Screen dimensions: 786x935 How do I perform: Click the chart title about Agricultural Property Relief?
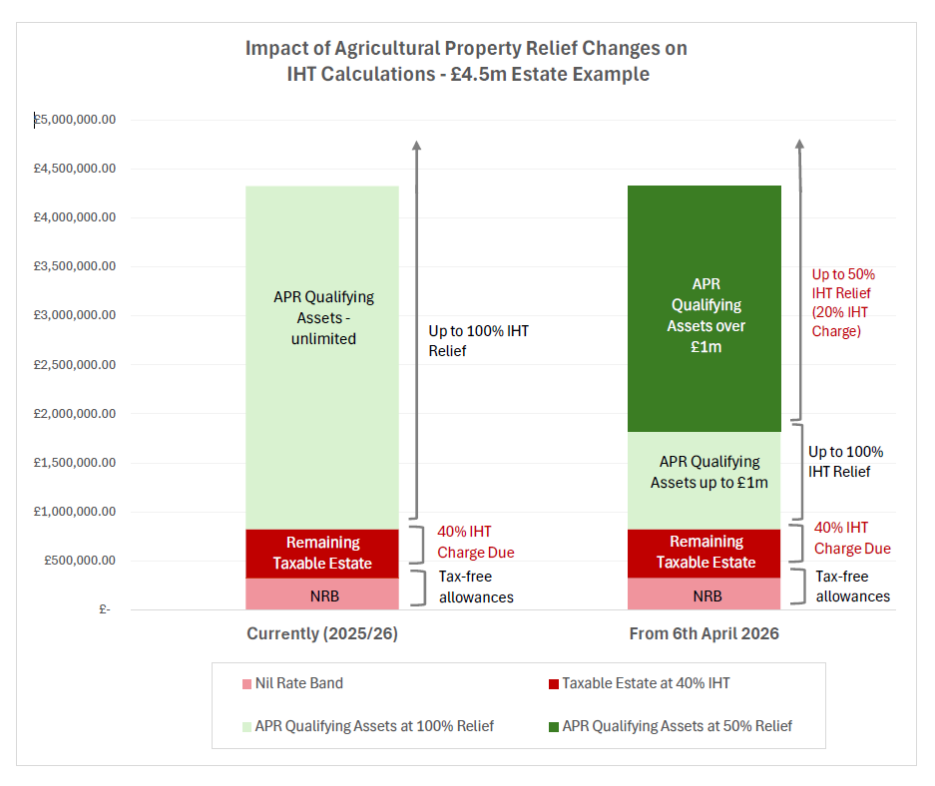coord(466,61)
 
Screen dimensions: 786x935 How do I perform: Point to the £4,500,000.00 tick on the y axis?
coord(75,169)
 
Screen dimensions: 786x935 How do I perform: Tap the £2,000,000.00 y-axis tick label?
coord(75,413)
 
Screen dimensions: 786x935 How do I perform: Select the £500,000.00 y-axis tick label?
coord(80,560)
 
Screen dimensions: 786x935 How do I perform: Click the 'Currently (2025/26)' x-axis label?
coord(321,634)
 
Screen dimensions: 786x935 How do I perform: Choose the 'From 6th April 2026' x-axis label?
coord(703,634)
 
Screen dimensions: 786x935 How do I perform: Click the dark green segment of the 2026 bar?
coord(704,309)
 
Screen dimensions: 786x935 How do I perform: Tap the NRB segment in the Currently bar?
coord(321,594)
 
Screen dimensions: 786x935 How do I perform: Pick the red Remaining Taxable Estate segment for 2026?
coord(704,553)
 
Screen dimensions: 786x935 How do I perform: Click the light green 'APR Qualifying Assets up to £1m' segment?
coord(704,473)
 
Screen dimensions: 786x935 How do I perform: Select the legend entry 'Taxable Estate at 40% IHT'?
coord(639,683)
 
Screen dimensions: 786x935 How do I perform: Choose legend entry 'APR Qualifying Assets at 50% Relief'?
coord(670,726)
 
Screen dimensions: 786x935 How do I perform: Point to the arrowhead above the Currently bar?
coord(416,146)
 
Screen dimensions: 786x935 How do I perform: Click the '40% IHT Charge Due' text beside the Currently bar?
coord(476,542)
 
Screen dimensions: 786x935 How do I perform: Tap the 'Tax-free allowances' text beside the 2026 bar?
coord(852,587)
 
